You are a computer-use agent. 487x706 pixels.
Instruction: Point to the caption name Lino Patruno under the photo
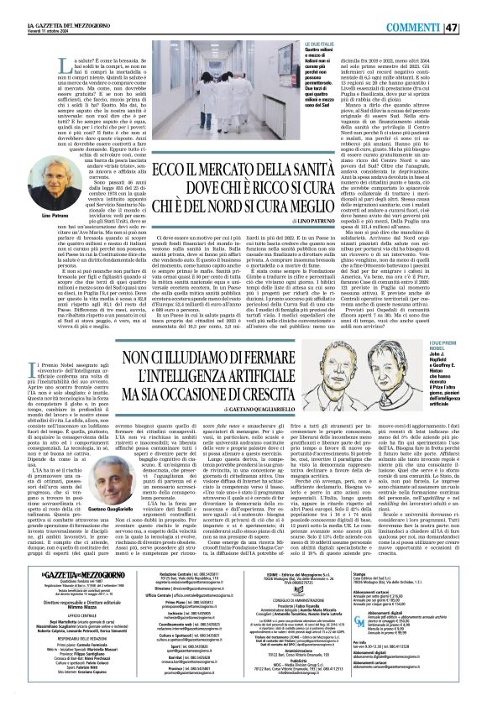coord(32,194)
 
